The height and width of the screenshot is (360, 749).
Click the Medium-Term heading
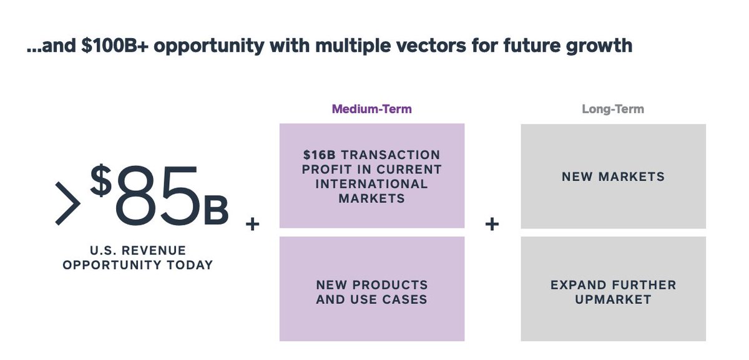point(371,109)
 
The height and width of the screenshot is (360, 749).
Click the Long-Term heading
point(612,109)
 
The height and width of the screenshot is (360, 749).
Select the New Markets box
point(613,177)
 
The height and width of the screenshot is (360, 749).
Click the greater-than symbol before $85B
point(67,203)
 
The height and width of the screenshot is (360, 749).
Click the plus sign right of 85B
point(252,224)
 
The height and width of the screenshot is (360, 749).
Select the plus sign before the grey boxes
point(492,224)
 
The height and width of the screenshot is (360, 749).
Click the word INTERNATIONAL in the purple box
point(371,184)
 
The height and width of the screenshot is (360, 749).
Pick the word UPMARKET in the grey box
point(613,299)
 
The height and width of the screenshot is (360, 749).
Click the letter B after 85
point(216,212)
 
